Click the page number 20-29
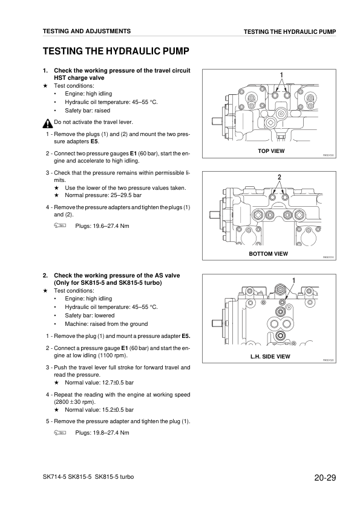tap(325, 479)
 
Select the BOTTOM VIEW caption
tap(268, 253)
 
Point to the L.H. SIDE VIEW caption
tap(270, 357)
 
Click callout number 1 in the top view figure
tap(281, 74)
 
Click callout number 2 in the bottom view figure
tap(280, 177)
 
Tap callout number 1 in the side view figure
tap(293, 279)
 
